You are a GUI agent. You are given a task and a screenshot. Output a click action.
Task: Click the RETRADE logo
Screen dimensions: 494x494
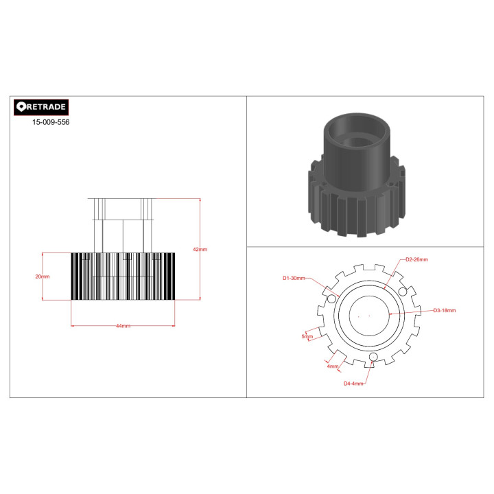click(41, 107)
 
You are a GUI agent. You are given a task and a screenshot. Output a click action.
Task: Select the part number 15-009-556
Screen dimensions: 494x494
click(51, 122)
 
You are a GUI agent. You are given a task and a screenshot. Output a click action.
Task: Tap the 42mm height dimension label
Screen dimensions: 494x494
click(200, 249)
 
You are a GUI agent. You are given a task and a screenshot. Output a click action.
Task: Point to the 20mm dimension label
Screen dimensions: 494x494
click(43, 277)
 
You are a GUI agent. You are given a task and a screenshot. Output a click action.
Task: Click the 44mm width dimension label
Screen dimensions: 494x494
click(123, 326)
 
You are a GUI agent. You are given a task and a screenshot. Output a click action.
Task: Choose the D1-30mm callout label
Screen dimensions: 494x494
click(294, 278)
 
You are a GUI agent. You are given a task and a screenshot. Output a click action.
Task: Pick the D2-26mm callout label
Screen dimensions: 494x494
click(417, 259)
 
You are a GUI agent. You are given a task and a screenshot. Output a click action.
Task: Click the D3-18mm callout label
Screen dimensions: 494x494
click(445, 310)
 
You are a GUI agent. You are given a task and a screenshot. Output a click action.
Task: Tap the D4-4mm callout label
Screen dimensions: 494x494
click(353, 384)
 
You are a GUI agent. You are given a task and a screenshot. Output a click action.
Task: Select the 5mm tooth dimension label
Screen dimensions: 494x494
click(307, 336)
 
